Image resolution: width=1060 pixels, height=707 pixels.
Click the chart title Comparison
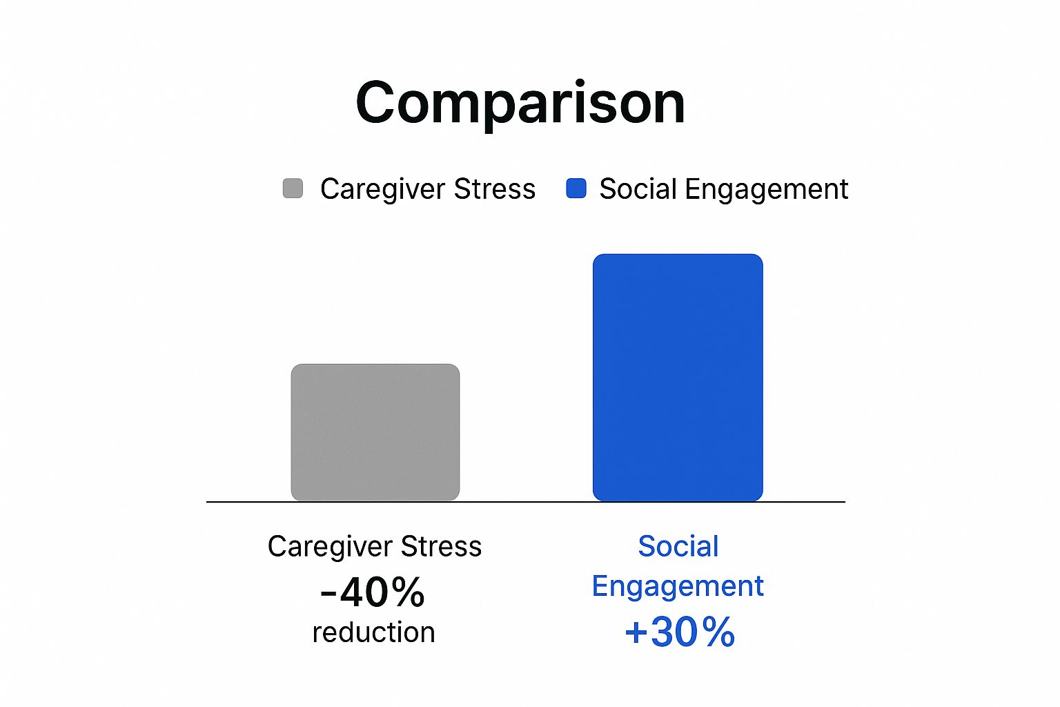(x=520, y=103)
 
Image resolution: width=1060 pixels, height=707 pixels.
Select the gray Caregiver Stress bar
(x=375, y=432)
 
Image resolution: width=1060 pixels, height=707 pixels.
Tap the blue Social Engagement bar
(x=678, y=378)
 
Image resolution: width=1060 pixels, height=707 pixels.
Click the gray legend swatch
(x=293, y=188)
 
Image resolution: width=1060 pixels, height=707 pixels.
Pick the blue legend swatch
(x=576, y=188)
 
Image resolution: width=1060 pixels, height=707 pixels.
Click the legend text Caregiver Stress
(x=428, y=189)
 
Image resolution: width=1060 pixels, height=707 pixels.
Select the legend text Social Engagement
(x=724, y=189)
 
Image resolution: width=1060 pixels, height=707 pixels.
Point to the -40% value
(x=373, y=592)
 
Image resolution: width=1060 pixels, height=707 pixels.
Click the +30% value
(x=680, y=632)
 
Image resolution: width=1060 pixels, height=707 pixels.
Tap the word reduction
(x=374, y=632)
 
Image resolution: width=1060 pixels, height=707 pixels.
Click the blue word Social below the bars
(x=678, y=546)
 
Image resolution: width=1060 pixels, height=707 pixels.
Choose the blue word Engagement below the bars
(x=678, y=587)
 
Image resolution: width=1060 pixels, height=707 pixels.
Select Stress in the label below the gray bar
(x=441, y=546)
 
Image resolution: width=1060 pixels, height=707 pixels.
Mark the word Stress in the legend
(x=495, y=189)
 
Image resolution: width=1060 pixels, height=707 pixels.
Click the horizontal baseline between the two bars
(x=527, y=501)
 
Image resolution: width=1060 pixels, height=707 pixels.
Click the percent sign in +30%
(x=718, y=632)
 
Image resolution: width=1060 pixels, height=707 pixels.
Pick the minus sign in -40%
(x=328, y=594)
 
